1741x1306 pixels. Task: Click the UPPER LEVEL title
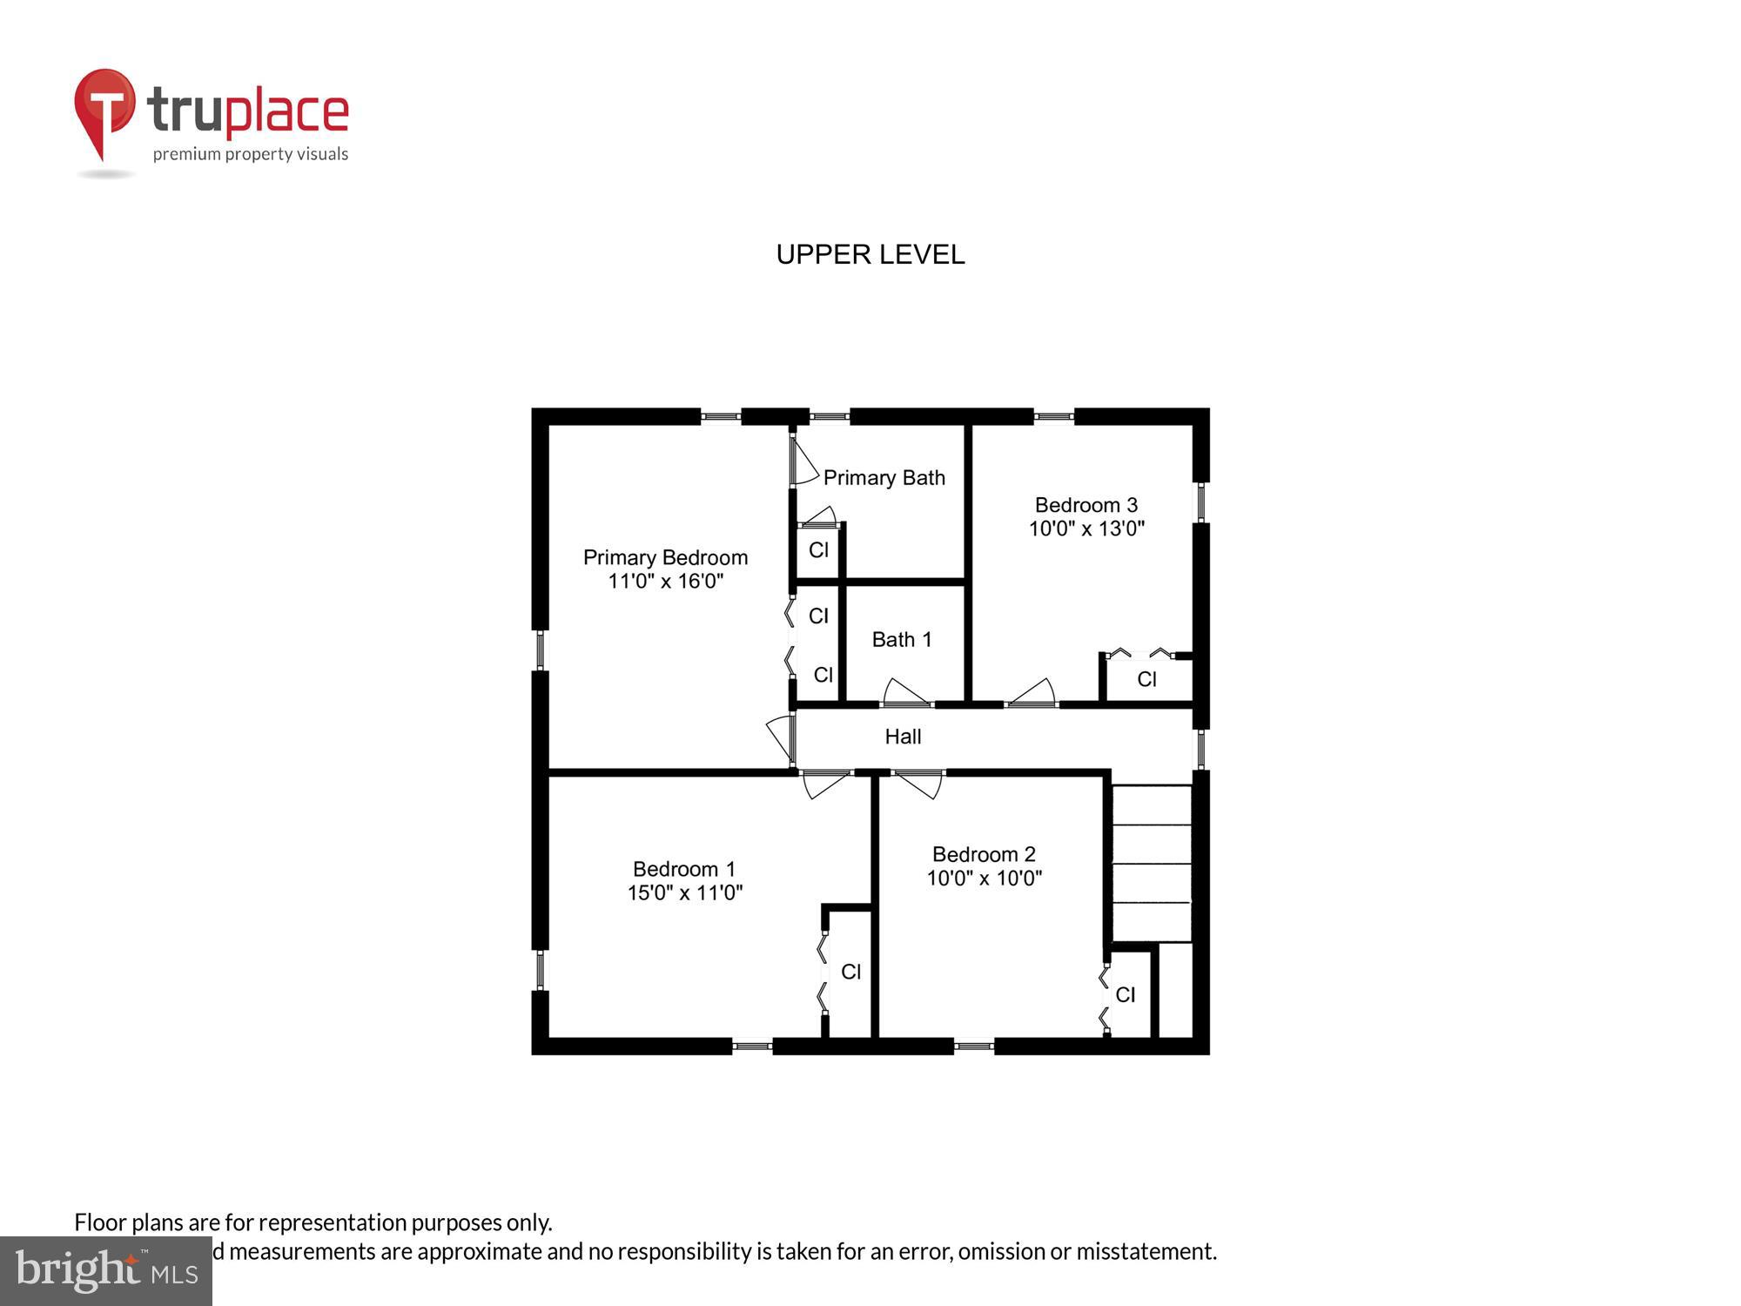tap(870, 254)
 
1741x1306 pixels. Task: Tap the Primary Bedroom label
tap(665, 557)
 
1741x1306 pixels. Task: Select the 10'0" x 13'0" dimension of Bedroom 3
tap(1086, 528)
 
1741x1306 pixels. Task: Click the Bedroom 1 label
tap(684, 869)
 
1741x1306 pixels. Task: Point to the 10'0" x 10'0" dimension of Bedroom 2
tap(984, 878)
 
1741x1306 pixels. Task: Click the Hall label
tap(903, 737)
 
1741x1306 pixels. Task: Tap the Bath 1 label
tap(902, 640)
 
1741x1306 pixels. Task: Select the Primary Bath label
tap(884, 478)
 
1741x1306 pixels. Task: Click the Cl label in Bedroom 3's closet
tap(1146, 679)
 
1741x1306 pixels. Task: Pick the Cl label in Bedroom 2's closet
tap(1125, 994)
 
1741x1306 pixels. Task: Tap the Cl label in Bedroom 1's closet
tap(850, 972)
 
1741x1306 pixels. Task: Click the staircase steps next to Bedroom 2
tap(1151, 863)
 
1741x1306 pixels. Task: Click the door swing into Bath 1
tap(905, 693)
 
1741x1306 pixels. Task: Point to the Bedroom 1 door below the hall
tap(823, 784)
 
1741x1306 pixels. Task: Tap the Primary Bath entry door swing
tap(803, 462)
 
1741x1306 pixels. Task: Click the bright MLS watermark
tap(106, 1271)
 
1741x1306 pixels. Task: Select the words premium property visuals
tap(251, 155)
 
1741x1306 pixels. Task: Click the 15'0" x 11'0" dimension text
tap(684, 892)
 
